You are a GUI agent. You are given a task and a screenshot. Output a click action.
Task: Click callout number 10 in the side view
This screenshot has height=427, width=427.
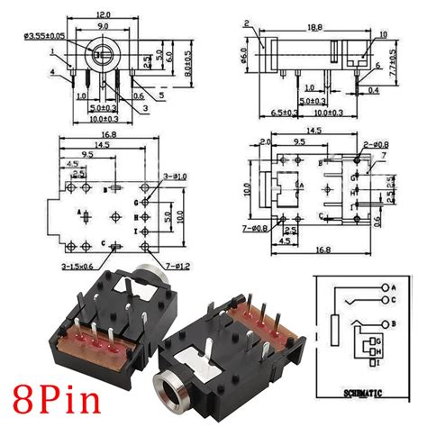[x=382, y=35]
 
